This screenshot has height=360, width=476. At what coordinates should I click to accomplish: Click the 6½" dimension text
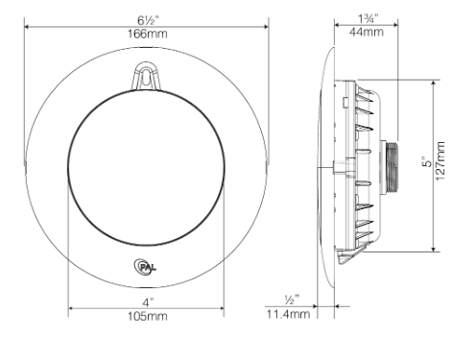(146, 17)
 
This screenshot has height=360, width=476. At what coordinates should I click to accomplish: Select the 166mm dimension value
(146, 33)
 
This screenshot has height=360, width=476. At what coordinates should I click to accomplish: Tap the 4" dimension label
(146, 300)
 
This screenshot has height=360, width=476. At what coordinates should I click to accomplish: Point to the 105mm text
(146, 316)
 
